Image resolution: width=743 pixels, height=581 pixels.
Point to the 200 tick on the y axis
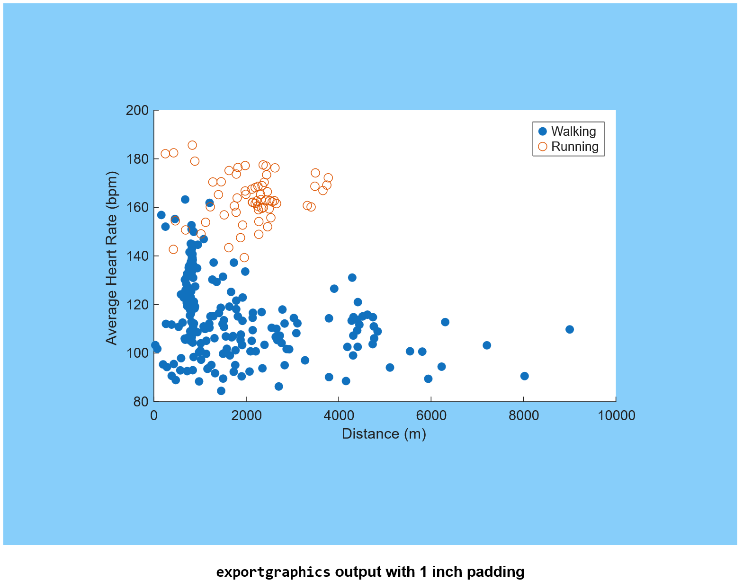tap(137, 111)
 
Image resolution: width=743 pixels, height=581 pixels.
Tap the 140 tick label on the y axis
tap(137, 256)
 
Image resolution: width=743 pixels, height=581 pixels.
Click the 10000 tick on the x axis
tap(616, 415)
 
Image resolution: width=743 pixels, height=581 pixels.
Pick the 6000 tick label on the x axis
tap(431, 415)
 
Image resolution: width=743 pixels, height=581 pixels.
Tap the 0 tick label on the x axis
tap(154, 415)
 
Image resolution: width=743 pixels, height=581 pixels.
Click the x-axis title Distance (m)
tap(384, 434)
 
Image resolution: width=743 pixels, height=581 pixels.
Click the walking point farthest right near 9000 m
tap(570, 329)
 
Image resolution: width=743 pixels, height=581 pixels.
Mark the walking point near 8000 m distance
tap(524, 376)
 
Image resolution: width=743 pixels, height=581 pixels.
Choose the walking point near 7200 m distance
tap(487, 345)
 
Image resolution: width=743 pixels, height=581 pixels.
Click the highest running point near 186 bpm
tap(192, 145)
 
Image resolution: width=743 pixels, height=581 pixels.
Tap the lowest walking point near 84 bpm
tap(221, 391)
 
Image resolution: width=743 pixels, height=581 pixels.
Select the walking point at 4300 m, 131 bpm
tap(352, 278)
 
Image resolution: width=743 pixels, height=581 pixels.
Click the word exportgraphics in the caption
tap(273, 572)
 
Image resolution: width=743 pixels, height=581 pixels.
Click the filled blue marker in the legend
tap(543, 132)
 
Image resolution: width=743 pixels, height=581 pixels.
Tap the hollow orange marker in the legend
tap(543, 147)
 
